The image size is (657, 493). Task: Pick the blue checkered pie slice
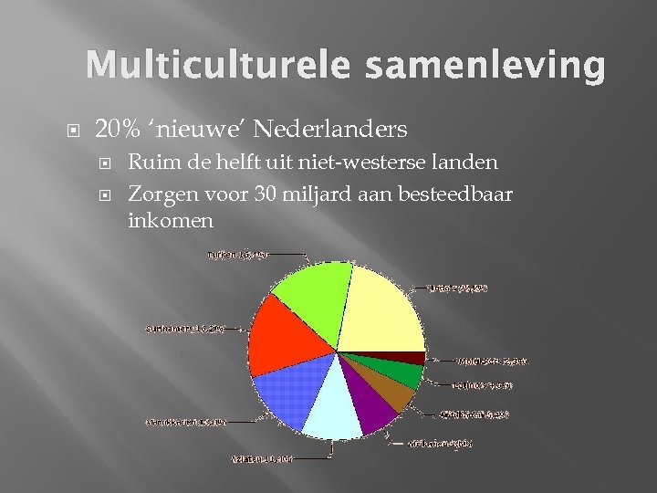coord(283,393)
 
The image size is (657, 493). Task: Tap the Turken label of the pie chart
coord(238,255)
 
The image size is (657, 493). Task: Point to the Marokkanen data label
coord(186,422)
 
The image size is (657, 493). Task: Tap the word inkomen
coord(171,220)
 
